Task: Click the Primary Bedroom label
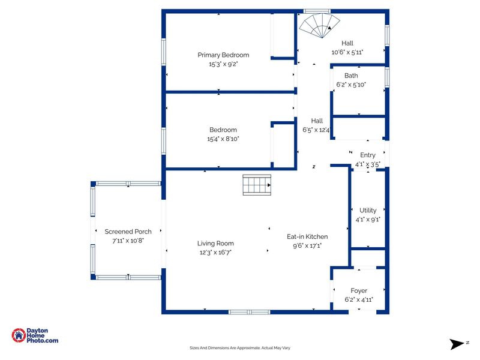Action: point(223,55)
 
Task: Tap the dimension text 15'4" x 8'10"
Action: point(223,139)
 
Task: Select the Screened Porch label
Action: point(128,232)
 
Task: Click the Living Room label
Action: point(215,244)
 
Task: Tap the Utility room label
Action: point(368,211)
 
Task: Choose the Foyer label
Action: point(359,290)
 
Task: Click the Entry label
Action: point(368,155)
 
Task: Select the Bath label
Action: point(351,76)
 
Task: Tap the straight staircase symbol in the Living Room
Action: point(257,185)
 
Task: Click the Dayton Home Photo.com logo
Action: point(35,336)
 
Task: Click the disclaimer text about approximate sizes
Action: point(240,348)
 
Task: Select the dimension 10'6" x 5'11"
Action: point(347,52)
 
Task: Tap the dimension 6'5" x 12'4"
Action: point(316,130)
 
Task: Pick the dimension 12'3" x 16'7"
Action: point(215,253)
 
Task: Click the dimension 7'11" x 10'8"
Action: point(128,240)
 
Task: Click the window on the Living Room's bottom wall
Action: point(249,312)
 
